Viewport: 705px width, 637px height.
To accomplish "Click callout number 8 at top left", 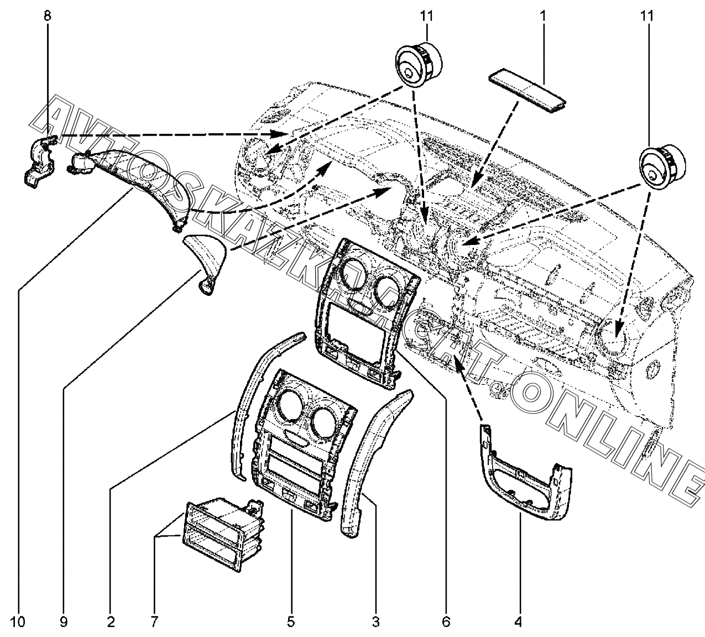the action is pyautogui.click(x=47, y=17).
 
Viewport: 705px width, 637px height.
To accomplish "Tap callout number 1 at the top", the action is pyautogui.click(x=542, y=17).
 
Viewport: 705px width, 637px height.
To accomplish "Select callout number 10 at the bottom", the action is pyautogui.click(x=18, y=622).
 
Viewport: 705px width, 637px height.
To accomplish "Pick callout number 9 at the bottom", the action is pyautogui.click(x=64, y=622).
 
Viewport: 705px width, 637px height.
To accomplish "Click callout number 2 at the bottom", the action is pyautogui.click(x=111, y=622).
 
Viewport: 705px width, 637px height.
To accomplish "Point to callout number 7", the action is pyautogui.click(x=155, y=622).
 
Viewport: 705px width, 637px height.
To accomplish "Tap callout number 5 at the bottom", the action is pyautogui.click(x=291, y=622).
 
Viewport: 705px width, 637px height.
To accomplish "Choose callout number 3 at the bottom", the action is pyautogui.click(x=375, y=622).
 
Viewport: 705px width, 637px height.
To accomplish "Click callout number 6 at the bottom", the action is pyautogui.click(x=446, y=622).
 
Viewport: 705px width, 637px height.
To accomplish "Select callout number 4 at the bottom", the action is pyautogui.click(x=518, y=622).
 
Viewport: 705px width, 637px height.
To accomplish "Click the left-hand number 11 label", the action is pyautogui.click(x=426, y=17).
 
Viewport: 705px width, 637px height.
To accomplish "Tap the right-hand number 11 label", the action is pyautogui.click(x=647, y=17).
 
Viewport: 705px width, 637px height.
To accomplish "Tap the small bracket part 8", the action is pyautogui.click(x=39, y=162).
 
